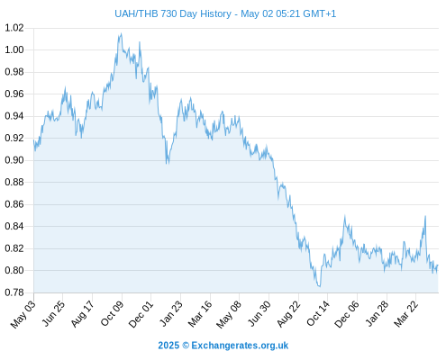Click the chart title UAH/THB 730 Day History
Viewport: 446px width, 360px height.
click(x=173, y=13)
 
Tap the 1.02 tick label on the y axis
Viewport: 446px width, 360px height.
click(x=14, y=28)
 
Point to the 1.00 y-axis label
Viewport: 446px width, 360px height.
click(x=14, y=49)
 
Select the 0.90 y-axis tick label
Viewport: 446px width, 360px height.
click(x=14, y=160)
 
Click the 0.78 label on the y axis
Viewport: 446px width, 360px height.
click(x=14, y=292)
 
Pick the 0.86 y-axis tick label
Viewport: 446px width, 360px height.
click(x=14, y=204)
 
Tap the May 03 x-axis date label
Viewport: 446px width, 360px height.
click(x=23, y=314)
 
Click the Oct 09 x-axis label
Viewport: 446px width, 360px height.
click(x=112, y=313)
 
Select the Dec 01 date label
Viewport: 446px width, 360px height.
click(x=141, y=314)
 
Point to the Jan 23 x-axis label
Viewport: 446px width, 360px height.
click(x=171, y=313)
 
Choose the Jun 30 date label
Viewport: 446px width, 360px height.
click(x=259, y=313)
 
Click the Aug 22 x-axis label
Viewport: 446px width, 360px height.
click(x=288, y=314)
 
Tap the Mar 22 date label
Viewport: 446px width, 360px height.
click(x=405, y=314)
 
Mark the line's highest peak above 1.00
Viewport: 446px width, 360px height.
click(x=121, y=33)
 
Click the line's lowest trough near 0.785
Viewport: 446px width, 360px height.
click(x=319, y=286)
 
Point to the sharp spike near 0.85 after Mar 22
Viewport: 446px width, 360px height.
click(x=425, y=216)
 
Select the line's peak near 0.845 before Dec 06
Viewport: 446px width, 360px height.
click(x=345, y=216)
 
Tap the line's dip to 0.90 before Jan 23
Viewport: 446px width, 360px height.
click(x=168, y=163)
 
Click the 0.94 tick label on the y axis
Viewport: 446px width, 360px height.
click(x=14, y=116)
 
